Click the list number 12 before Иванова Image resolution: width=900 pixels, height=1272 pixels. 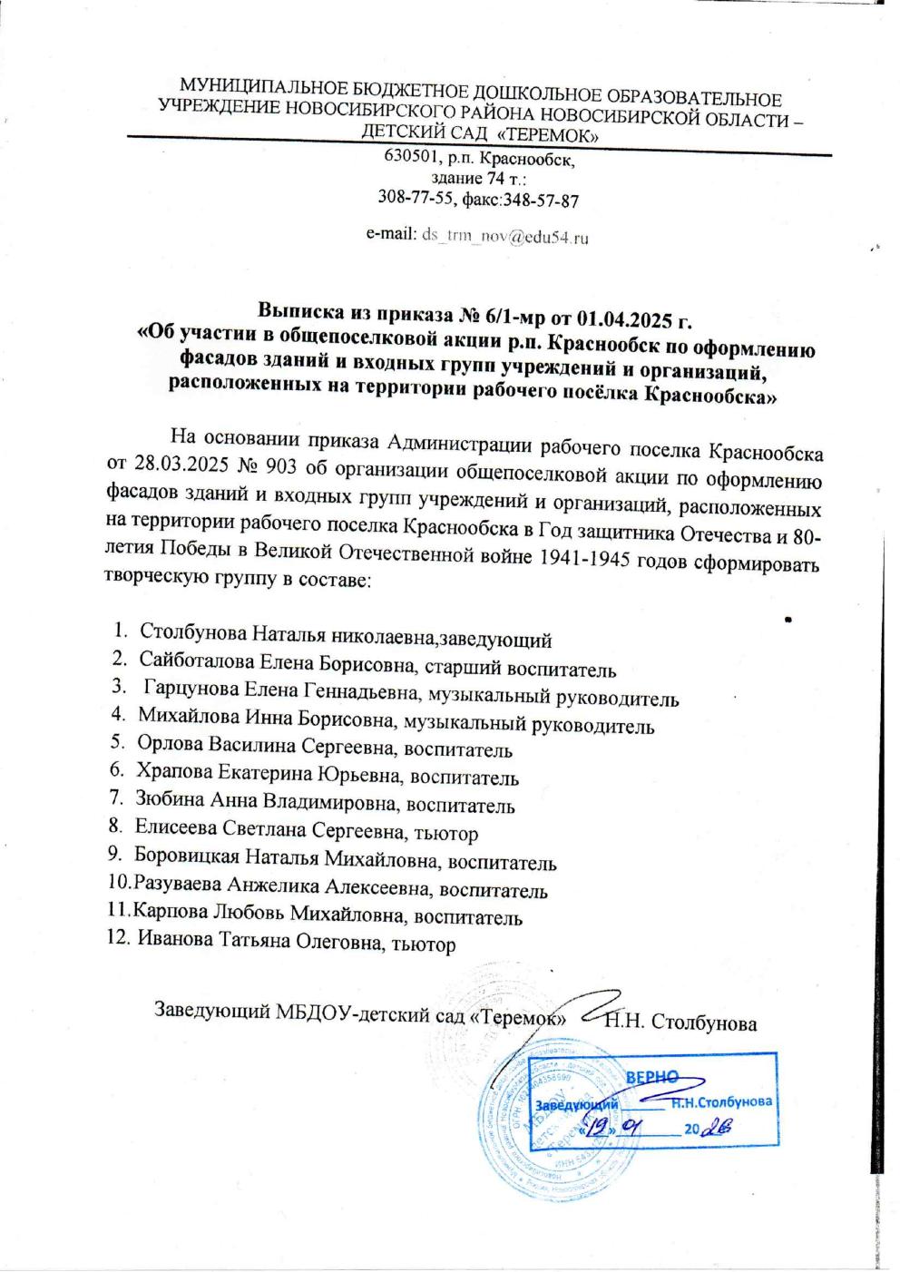pyautogui.click(x=118, y=941)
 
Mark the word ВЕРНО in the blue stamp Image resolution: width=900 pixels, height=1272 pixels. pyautogui.click(x=652, y=1076)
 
